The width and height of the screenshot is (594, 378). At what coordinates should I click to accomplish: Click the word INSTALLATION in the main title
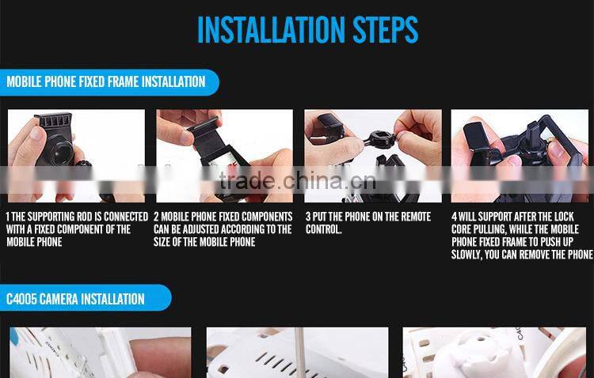[x=271, y=29]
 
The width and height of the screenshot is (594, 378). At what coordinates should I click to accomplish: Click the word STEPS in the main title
[x=385, y=29]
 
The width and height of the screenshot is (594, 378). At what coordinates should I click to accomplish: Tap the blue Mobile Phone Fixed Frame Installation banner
[x=109, y=82]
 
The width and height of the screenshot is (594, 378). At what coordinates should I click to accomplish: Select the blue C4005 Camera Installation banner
[x=86, y=298]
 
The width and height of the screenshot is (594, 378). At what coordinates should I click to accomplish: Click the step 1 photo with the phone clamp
[x=76, y=156]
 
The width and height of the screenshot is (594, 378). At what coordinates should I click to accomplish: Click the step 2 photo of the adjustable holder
[x=224, y=156]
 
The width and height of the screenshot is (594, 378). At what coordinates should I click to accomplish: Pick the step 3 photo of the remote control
[x=373, y=156]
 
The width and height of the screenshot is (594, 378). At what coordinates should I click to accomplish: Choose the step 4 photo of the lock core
[x=520, y=156]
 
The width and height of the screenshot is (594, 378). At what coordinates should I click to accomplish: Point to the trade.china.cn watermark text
[x=297, y=181]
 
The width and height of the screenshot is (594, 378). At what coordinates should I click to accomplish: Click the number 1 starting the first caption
[x=8, y=217]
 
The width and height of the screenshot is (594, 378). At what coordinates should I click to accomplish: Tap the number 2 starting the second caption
[x=156, y=217]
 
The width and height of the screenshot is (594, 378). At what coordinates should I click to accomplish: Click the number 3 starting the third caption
[x=308, y=217]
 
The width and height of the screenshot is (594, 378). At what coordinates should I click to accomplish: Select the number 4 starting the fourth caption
[x=455, y=217]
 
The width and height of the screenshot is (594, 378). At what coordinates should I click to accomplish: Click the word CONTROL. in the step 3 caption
[x=323, y=229]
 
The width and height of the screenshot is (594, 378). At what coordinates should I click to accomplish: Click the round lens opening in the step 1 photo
[x=61, y=153]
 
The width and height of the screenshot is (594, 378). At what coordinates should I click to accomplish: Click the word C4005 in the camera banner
[x=21, y=299]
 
